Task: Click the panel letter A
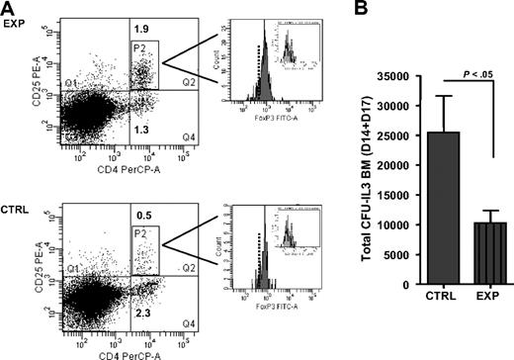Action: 9,9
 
